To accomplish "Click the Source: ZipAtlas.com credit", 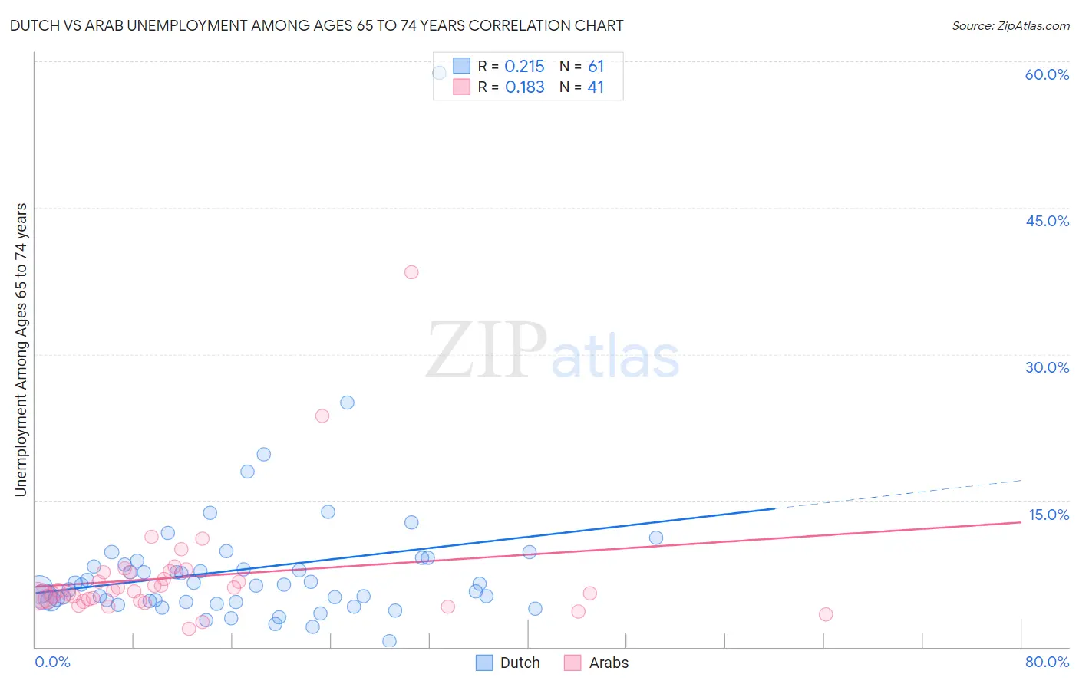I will coord(1010,25).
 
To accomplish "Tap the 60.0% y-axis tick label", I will coord(1047,74).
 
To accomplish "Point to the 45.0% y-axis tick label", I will coord(1047,221).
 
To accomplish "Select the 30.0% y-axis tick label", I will coord(1047,367).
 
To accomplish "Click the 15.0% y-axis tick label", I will coord(1048,515).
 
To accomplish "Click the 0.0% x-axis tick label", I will coord(52,662).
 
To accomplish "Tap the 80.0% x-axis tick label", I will coord(1047,662).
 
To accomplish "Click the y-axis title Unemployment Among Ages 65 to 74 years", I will coord(21,350).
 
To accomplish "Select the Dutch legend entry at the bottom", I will coord(508,663).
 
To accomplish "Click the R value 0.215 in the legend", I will coord(524,67).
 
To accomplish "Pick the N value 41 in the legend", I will coord(596,87).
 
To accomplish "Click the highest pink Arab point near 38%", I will coord(411,272).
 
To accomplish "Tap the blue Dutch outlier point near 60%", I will coord(440,73).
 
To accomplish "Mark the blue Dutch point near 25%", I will coord(347,403).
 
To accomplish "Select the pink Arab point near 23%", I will coord(322,416).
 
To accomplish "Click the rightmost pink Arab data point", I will coord(826,613).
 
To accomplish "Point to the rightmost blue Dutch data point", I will coord(656,538).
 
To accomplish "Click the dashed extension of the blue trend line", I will coord(898,494).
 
